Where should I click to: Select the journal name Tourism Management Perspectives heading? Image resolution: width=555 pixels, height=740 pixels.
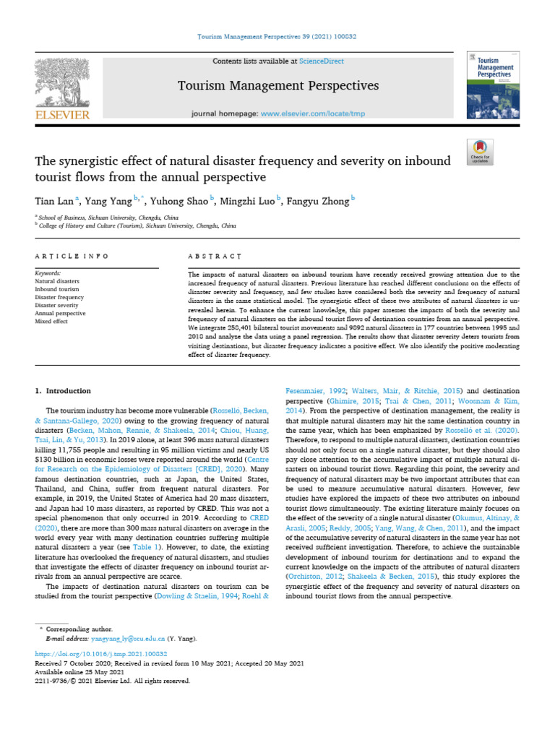tap(278, 87)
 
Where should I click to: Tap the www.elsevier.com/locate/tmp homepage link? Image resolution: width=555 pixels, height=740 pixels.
tap(303, 114)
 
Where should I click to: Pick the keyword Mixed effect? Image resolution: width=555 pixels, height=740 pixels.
tap(52, 321)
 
